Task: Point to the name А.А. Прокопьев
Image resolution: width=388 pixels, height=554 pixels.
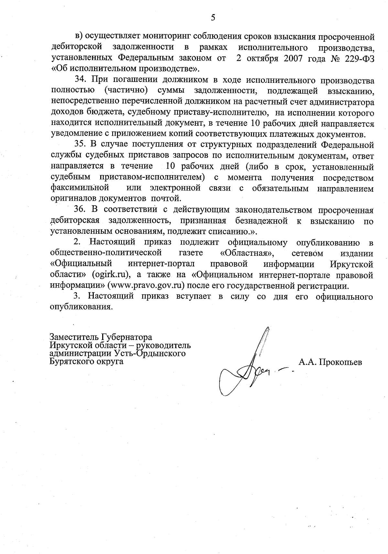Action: click(x=330, y=362)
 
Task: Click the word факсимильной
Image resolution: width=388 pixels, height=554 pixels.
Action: click(x=80, y=188)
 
